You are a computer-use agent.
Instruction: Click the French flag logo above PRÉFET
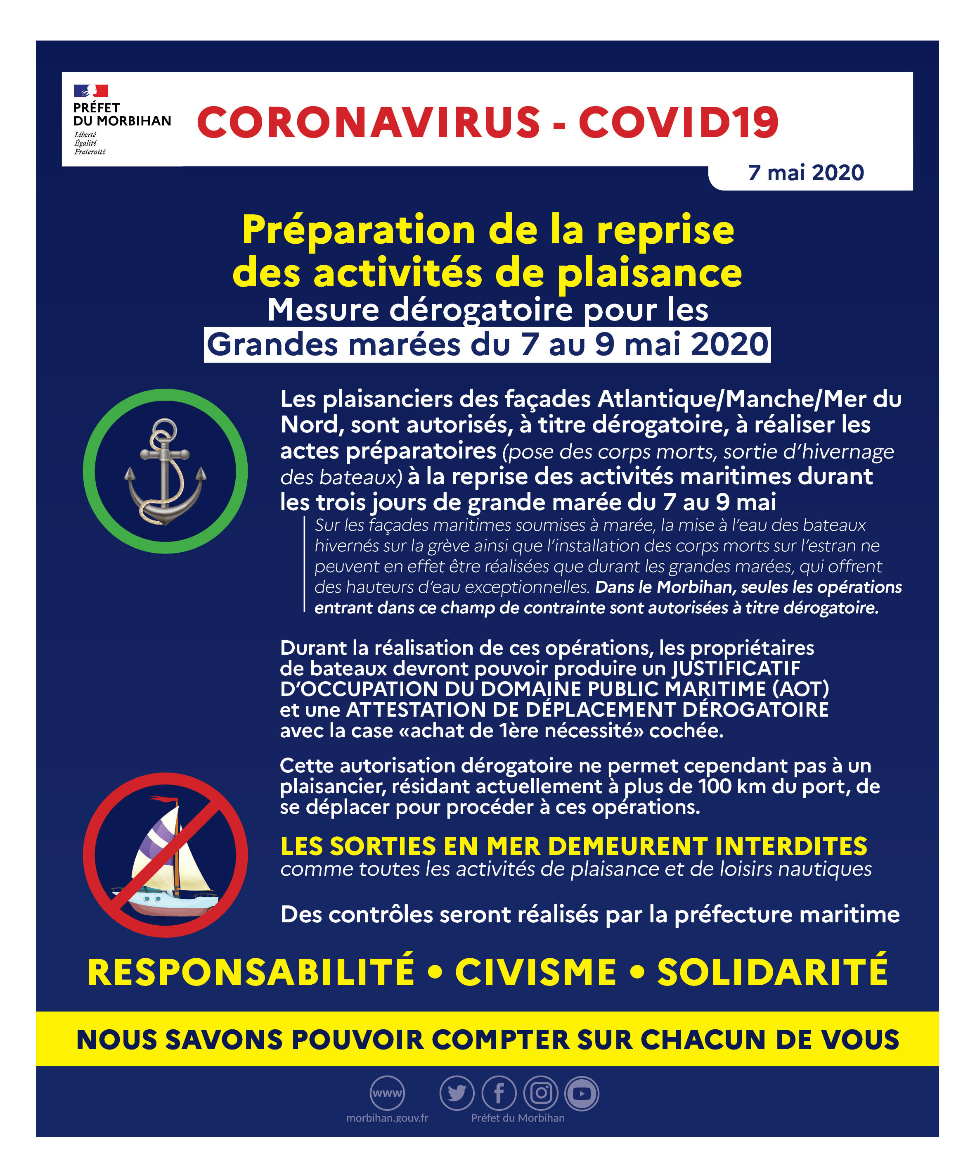point(91,90)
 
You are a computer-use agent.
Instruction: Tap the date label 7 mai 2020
point(806,173)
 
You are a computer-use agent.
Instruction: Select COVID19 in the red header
point(678,122)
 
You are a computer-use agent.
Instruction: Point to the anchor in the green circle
point(165,471)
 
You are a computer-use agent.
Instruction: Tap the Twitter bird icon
point(457,1093)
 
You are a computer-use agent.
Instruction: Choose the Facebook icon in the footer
point(499,1093)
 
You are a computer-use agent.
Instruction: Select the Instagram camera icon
point(540,1093)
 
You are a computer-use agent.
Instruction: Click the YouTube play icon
point(582,1093)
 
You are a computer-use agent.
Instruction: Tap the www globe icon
point(387,1093)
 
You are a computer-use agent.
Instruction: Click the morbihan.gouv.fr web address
point(387,1118)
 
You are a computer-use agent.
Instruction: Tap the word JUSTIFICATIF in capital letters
point(736,668)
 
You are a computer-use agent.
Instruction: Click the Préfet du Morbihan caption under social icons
point(518,1118)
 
